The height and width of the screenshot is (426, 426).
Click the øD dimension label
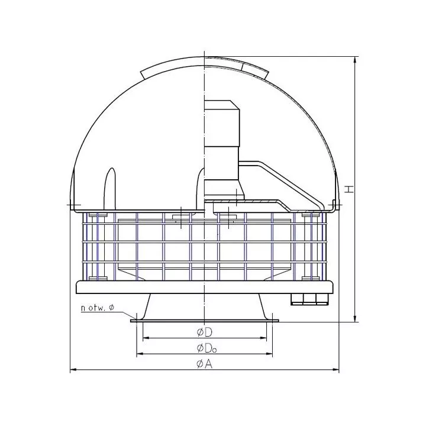coord(204,333)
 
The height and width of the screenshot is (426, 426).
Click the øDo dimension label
coord(206,348)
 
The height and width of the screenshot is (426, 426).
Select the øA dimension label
coord(204,364)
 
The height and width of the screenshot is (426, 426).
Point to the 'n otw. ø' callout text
coord(98,308)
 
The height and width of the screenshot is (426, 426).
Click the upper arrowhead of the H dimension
coord(354,60)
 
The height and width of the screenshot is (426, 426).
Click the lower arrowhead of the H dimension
coord(354,319)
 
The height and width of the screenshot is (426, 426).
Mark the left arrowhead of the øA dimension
coord(73,369)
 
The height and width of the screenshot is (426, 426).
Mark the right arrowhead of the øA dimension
coord(335,369)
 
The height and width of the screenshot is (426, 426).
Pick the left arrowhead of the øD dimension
coord(146,338)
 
